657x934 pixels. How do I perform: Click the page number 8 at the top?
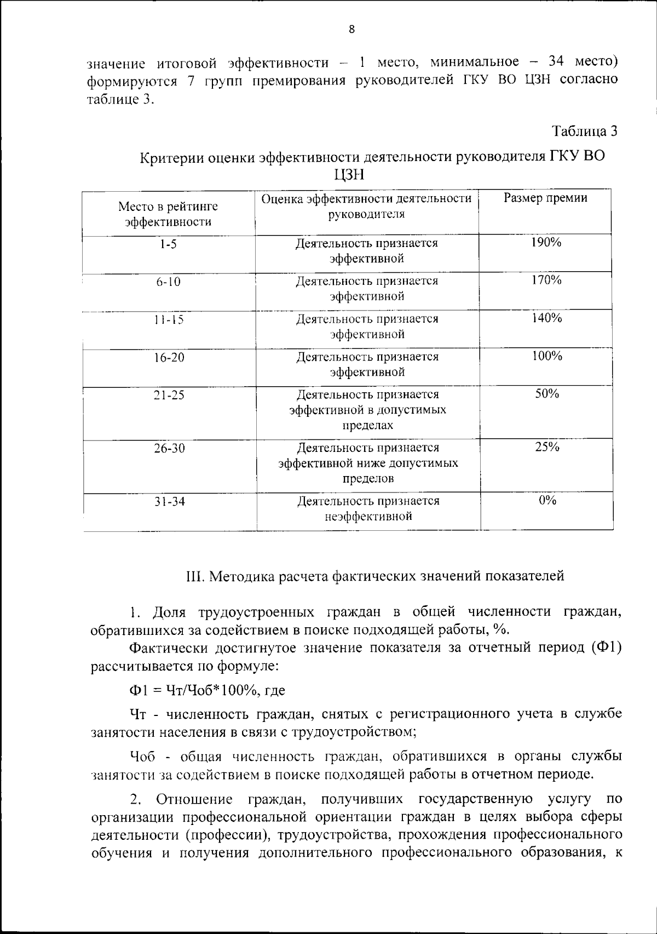point(351,30)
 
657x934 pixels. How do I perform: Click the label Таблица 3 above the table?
point(584,131)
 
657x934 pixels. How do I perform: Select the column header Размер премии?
point(545,198)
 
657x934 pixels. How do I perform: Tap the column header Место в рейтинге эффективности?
point(168,214)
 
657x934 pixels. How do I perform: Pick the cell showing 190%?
point(546,243)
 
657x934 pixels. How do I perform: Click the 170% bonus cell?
point(546,280)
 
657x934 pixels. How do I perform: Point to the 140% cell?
point(546,318)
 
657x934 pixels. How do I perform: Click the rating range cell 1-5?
point(169,244)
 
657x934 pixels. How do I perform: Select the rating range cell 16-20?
point(169,358)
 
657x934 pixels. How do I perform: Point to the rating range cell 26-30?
point(169,449)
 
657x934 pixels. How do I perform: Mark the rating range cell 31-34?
point(169,502)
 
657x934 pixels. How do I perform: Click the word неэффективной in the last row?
point(368,517)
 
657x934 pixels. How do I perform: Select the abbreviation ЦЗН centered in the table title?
point(349,175)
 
